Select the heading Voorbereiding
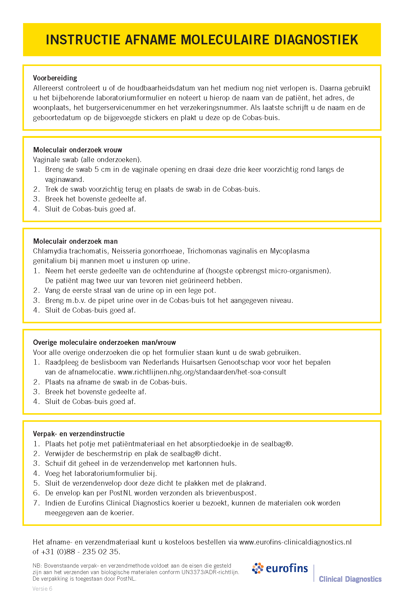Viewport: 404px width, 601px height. [55, 78]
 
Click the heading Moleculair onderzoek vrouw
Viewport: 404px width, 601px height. [77, 150]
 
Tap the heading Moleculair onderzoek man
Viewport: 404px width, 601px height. [75, 241]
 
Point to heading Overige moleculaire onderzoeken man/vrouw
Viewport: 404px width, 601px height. [104, 342]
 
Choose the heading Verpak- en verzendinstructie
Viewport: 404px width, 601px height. [79, 434]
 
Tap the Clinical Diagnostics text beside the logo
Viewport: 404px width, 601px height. [350, 579]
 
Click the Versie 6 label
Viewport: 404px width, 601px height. [42, 589]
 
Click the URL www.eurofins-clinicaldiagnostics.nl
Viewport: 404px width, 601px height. [295, 542]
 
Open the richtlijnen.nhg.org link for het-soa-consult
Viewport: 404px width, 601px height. [202, 372]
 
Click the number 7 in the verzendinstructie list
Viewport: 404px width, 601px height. [36, 503]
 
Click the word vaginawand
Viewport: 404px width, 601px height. [64, 180]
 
